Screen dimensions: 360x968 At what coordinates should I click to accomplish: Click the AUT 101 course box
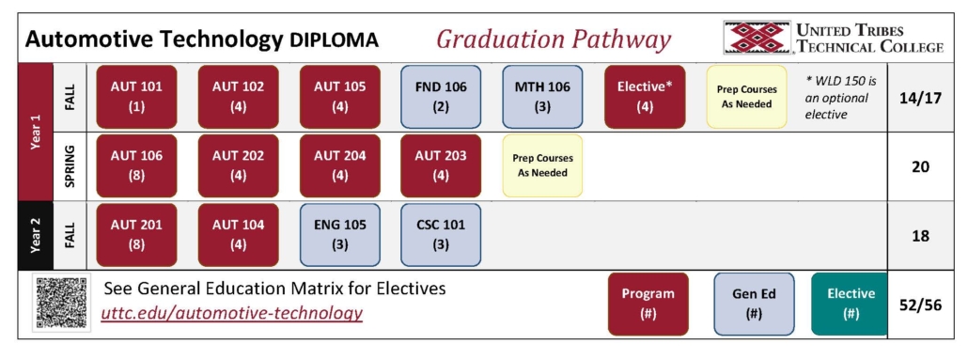pyautogui.click(x=136, y=96)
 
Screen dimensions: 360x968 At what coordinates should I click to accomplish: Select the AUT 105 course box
pyautogui.click(x=339, y=96)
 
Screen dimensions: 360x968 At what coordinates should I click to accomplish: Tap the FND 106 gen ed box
pyautogui.click(x=441, y=96)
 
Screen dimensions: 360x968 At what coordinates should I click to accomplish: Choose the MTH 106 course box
pyautogui.click(x=542, y=96)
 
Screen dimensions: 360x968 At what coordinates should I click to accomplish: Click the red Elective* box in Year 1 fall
pyautogui.click(x=644, y=96)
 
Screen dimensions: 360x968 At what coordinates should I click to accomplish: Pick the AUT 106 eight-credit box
pyautogui.click(x=136, y=165)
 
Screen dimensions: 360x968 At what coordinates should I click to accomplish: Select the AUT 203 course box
pyautogui.click(x=441, y=165)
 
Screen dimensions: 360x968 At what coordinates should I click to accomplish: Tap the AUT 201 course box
pyautogui.click(x=136, y=234)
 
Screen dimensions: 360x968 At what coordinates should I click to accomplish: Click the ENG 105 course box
pyautogui.click(x=339, y=234)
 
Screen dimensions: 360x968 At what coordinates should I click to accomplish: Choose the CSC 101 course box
pyautogui.click(x=441, y=234)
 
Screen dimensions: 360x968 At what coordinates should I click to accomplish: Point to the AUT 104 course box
pyautogui.click(x=238, y=234)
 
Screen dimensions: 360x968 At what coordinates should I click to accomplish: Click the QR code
pyautogui.click(x=61, y=303)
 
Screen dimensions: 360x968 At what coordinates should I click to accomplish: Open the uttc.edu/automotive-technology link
pyautogui.click(x=232, y=313)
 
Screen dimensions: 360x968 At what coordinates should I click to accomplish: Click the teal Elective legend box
pyautogui.click(x=850, y=304)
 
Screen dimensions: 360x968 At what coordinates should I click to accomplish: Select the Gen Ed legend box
pyautogui.click(x=753, y=304)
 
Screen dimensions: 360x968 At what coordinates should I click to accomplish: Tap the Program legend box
pyautogui.click(x=648, y=304)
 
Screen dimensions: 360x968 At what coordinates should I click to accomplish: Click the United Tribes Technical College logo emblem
pyautogui.click(x=757, y=38)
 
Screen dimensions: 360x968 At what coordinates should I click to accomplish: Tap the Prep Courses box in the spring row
pyautogui.click(x=542, y=165)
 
